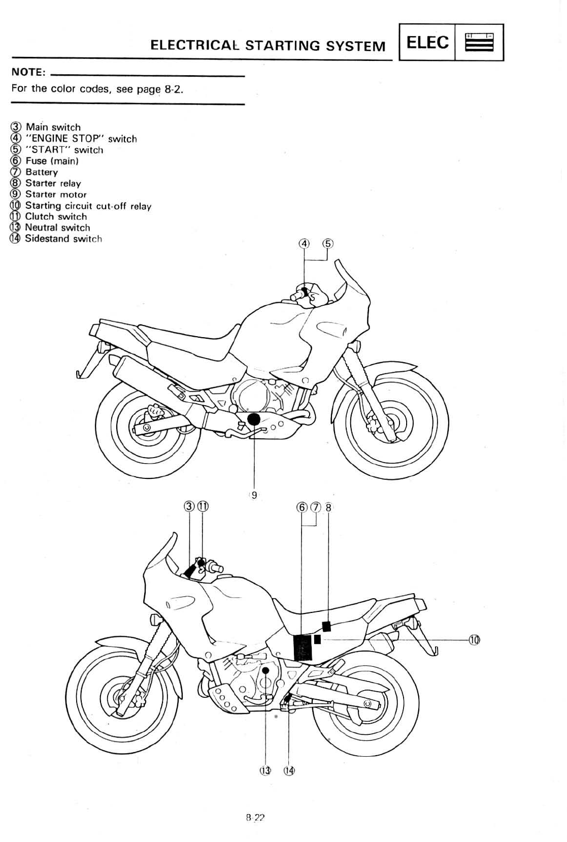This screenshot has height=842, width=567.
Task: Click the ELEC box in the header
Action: [x=427, y=43]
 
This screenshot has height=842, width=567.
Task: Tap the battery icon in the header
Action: [x=479, y=43]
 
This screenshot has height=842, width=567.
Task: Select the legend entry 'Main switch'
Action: [x=53, y=127]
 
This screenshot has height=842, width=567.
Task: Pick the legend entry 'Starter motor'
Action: [x=56, y=195]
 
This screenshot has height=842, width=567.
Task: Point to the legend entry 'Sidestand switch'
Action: [x=63, y=239]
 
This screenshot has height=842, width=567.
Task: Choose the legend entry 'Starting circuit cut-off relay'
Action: [x=88, y=206]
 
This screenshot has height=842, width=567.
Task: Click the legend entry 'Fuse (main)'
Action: [x=52, y=161]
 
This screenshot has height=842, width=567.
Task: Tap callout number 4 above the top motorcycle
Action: [x=304, y=243]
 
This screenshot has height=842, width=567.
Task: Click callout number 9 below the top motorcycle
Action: [x=254, y=494]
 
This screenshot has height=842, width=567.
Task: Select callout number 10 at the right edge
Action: [x=474, y=640]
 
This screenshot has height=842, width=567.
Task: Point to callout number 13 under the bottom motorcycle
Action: [x=265, y=770]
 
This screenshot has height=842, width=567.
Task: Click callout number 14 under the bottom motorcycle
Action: [x=289, y=770]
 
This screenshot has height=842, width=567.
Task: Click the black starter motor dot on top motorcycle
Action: [x=253, y=419]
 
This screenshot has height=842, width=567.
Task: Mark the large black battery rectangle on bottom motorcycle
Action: [x=303, y=647]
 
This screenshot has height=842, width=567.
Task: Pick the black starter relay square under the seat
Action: [x=327, y=626]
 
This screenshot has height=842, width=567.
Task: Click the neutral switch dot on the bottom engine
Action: [x=265, y=671]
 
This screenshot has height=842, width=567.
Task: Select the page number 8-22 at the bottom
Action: [x=255, y=818]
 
